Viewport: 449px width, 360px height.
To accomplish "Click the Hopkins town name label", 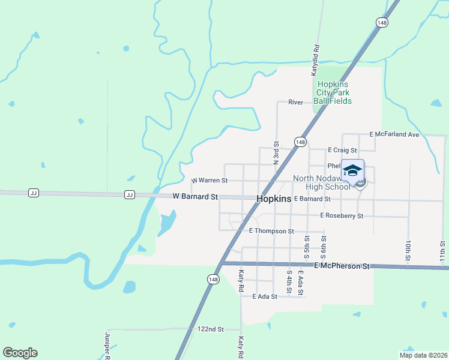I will pos(274,199).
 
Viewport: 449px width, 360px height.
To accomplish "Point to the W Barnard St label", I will pos(194,196).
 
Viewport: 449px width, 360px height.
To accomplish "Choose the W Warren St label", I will pos(209,180).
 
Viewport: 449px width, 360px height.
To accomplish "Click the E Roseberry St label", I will pos(342,215).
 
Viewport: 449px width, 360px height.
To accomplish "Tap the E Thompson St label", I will pos(271,230).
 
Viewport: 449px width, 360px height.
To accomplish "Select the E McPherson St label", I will pos(341,265).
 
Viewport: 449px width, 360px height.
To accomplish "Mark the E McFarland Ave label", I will pos(394,134).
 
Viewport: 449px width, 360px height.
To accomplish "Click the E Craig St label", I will pos(342,149).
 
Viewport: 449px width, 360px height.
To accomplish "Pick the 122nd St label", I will pos(210,329).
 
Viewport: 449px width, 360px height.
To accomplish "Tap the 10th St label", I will pos(408,248).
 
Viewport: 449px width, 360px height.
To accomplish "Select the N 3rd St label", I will pos(277,154).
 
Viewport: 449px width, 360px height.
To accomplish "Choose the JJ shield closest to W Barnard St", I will pos(129,194).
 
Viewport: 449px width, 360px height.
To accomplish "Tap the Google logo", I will pos(20,353).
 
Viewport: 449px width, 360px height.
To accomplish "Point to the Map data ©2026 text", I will pos(423,355).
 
